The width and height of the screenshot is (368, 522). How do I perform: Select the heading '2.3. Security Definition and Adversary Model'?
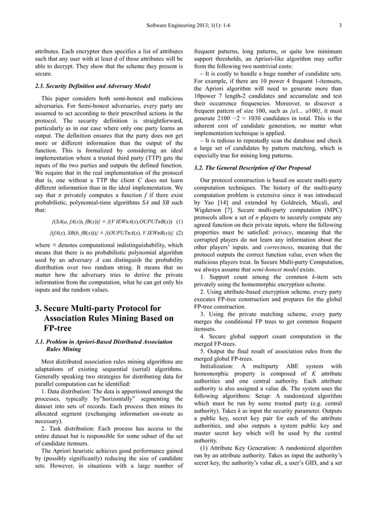[x=93, y=86]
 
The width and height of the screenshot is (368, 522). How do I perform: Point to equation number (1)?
[x=179, y=221]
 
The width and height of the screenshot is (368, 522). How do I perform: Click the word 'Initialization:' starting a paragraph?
[x=218, y=366]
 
